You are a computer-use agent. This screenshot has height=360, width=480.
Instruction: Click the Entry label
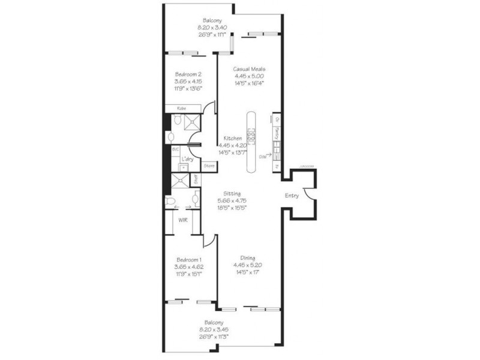(x=292, y=196)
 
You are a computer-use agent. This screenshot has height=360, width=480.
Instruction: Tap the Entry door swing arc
(x=307, y=195)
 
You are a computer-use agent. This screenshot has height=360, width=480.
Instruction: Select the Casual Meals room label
(x=249, y=69)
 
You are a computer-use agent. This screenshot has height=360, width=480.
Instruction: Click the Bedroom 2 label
(x=187, y=74)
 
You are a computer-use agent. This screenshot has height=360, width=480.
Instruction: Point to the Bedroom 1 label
(x=187, y=259)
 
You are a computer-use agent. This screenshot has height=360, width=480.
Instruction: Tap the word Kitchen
(x=232, y=137)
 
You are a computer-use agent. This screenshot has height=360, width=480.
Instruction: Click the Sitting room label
(x=232, y=194)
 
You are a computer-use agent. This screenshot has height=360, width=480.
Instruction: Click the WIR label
(x=183, y=220)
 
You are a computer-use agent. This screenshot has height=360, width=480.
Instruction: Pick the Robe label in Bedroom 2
(x=181, y=108)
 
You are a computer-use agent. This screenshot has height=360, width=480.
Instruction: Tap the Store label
(x=209, y=165)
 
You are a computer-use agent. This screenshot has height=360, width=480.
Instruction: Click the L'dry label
(x=188, y=158)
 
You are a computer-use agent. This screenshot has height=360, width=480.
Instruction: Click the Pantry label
(x=276, y=131)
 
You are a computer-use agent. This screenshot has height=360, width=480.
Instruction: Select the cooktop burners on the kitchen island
(x=251, y=137)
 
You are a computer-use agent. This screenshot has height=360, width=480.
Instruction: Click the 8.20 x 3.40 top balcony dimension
(x=212, y=27)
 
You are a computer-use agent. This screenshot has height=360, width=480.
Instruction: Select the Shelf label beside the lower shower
(x=195, y=179)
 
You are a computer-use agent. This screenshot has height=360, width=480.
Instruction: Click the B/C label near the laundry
(x=175, y=149)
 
